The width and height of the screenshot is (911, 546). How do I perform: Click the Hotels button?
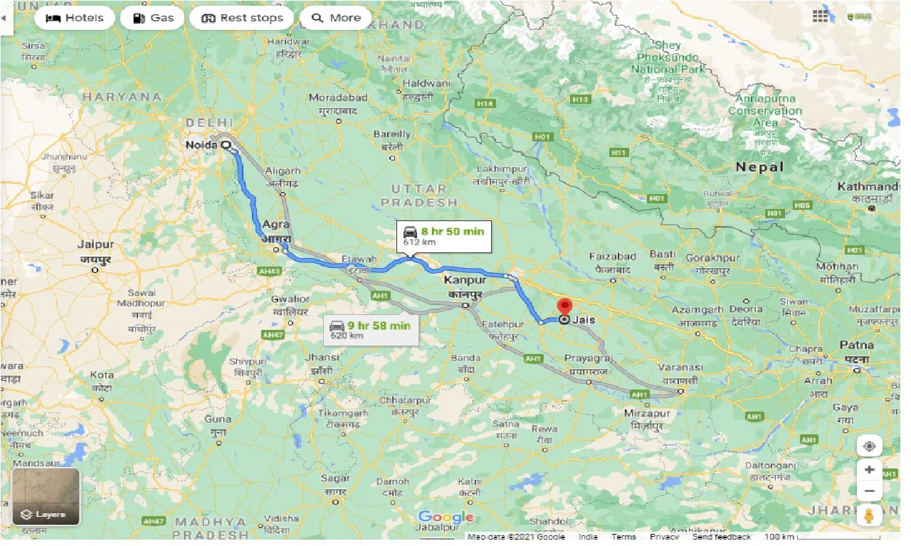[x=75, y=18]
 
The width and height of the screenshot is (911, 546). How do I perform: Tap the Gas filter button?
[x=152, y=18]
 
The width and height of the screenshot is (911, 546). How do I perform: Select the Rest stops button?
[x=242, y=18]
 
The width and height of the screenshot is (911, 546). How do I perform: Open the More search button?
[x=336, y=18]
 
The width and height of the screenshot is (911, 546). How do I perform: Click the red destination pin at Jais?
[x=564, y=307]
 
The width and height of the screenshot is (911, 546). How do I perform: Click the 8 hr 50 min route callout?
[x=444, y=235]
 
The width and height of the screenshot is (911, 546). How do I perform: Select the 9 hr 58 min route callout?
[x=370, y=330]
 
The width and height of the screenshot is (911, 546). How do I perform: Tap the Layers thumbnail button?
[x=46, y=496]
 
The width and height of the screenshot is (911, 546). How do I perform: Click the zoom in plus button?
[x=869, y=470]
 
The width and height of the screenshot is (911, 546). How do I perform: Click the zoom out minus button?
[x=869, y=491]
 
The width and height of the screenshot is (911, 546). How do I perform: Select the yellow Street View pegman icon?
[x=869, y=515]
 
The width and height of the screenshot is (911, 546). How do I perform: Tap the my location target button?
[x=869, y=446]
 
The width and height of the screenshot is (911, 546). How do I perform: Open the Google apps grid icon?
[x=821, y=16]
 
